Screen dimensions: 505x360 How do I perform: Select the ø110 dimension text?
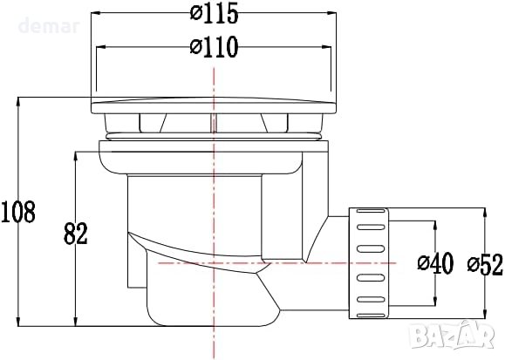pos(214,47)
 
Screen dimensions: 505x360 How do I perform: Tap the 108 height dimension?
pos(18,212)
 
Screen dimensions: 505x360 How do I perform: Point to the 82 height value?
pos(76,233)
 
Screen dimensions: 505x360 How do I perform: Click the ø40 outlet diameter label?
pos(435,263)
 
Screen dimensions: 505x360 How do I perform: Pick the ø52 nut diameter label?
pos(485,265)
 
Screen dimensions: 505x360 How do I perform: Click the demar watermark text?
pos(49,26)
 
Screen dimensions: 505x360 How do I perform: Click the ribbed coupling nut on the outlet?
pos(369,263)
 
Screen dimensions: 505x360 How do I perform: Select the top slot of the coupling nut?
pos(371,211)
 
